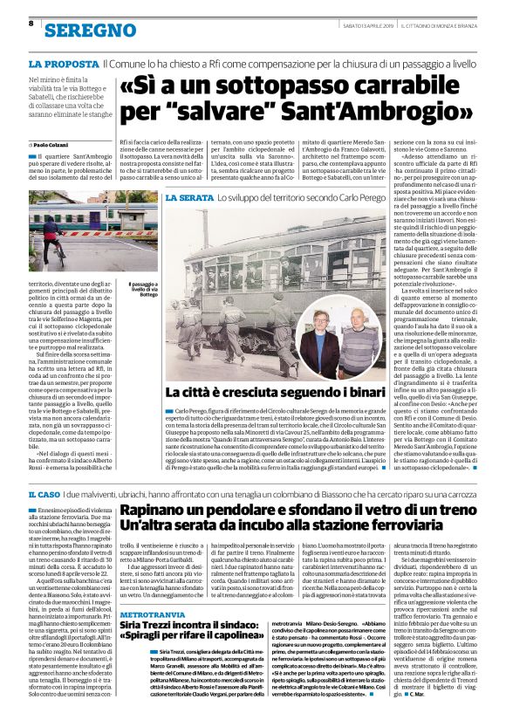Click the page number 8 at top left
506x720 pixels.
pos(31,23)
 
